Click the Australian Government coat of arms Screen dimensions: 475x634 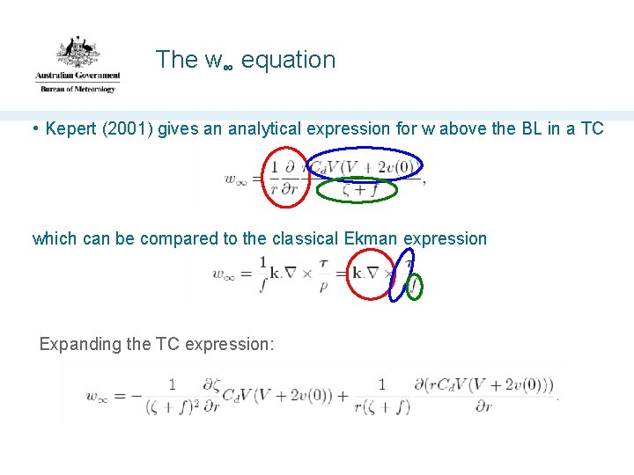click(77, 52)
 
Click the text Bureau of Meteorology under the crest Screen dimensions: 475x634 click(77, 89)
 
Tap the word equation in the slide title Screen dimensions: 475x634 click(288, 60)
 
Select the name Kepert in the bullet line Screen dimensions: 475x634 click(72, 128)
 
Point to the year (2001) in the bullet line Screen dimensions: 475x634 click(132, 128)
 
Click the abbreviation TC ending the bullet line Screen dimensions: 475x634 click(592, 128)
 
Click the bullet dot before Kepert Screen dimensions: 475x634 click(35, 128)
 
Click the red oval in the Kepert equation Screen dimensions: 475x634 click(286, 177)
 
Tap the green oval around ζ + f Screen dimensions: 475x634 click(357, 189)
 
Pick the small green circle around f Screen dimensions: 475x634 click(412, 286)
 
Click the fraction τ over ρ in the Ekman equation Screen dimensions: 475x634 click(323, 274)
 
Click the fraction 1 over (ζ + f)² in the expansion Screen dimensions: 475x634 click(172, 396)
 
